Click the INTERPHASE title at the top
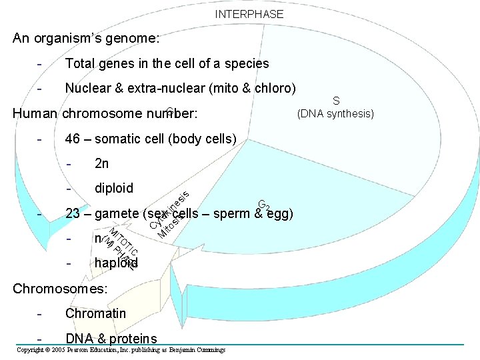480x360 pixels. (x=249, y=14)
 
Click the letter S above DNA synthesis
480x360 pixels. (x=336, y=101)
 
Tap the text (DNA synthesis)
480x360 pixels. (x=336, y=113)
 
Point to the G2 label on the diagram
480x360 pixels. (x=264, y=204)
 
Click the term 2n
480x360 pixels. (x=102, y=164)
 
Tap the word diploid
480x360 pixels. (x=114, y=188)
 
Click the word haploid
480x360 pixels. (x=116, y=263)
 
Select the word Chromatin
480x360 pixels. (x=95, y=313)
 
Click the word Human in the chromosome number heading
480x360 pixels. (x=35, y=113)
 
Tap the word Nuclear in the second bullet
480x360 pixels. (x=89, y=88)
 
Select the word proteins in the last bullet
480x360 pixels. (x=133, y=339)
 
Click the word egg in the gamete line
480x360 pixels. (x=277, y=214)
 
